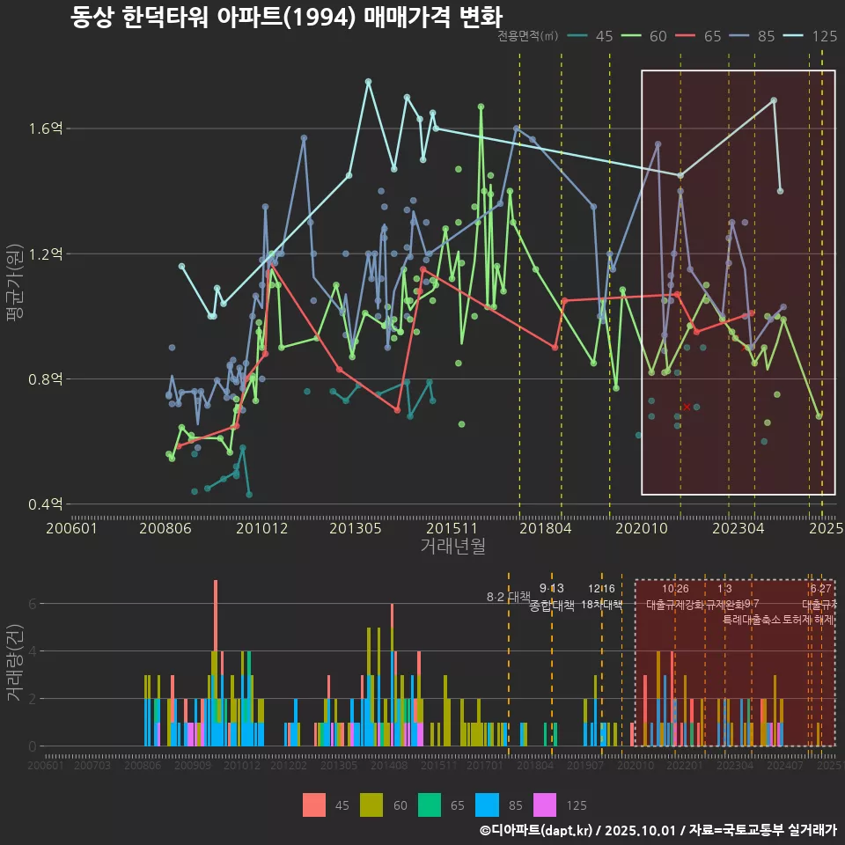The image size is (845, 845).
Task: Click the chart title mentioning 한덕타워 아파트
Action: (x=286, y=17)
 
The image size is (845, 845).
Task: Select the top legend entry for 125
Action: (x=812, y=36)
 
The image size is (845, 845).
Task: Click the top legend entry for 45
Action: (x=591, y=36)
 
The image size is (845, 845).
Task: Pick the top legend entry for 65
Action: (x=700, y=36)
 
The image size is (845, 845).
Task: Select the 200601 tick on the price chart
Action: (x=71, y=528)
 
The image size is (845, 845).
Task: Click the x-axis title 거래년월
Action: (x=452, y=547)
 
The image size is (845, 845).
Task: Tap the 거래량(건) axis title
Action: (x=15, y=663)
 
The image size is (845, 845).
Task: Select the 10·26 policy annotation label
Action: (x=674, y=589)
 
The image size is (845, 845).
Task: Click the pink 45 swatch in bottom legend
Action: (x=313, y=805)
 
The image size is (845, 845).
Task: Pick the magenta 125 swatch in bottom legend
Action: (x=546, y=805)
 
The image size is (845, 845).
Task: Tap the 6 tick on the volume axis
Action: (x=32, y=604)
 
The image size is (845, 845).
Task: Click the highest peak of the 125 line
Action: (x=368, y=82)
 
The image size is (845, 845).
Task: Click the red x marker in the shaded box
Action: (x=687, y=407)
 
